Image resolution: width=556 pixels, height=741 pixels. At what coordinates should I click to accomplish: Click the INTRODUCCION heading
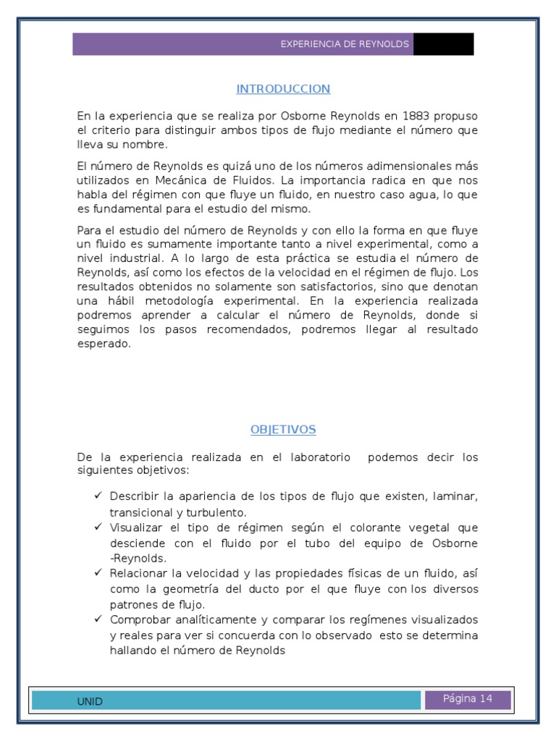283,89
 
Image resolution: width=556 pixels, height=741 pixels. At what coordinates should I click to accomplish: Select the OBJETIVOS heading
283,429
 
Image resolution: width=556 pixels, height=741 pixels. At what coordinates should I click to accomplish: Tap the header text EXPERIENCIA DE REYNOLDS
345,44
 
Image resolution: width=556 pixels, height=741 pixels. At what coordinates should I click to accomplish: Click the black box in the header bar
443,44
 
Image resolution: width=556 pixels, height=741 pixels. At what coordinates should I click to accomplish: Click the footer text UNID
90,701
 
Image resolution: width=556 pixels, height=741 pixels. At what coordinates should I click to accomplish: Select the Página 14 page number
468,699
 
